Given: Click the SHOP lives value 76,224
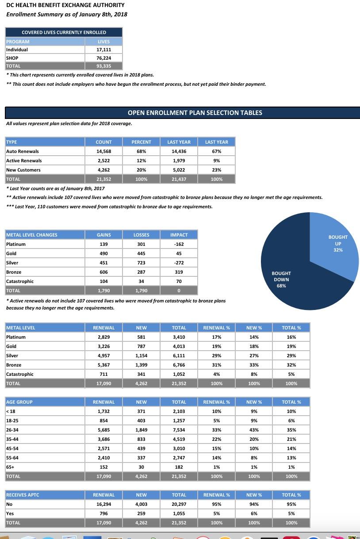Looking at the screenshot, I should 103,58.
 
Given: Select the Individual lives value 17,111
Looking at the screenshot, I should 103,50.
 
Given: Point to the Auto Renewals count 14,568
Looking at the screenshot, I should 103,151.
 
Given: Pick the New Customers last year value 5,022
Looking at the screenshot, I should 179,170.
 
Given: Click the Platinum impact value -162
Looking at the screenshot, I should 179,244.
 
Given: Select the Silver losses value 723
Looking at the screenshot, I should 141,263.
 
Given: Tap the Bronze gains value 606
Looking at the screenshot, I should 103,272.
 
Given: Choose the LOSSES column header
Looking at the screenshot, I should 141,235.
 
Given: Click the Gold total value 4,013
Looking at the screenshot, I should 179,346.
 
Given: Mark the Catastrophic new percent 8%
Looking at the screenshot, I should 254,374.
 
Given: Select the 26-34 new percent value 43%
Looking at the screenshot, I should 254,430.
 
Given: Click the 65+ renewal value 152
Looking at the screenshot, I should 103,467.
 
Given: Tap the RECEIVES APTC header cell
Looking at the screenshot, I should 23,495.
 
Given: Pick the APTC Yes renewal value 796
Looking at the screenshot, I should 103,513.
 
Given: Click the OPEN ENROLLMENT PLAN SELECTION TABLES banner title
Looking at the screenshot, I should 195,113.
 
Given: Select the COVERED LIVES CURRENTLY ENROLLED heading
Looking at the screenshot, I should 64,32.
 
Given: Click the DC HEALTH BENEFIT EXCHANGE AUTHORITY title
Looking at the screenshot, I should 65,5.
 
